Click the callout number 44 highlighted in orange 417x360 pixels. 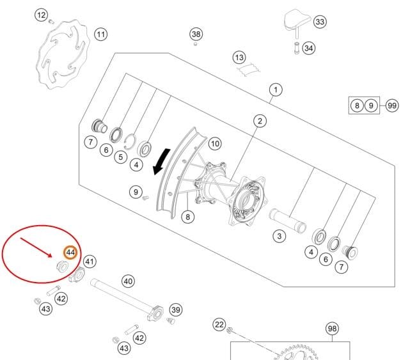[x=70, y=253]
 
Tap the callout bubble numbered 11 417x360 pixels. [x=101, y=35]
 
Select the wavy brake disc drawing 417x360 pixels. [x=63, y=54]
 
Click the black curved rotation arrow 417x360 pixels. [x=161, y=162]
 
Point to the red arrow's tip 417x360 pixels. [x=52, y=257]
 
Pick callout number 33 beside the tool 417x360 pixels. [x=320, y=22]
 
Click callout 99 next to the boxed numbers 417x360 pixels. [x=392, y=106]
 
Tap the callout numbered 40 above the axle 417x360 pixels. [x=128, y=281]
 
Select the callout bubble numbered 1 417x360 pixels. [x=276, y=90]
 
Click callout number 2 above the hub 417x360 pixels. [x=260, y=121]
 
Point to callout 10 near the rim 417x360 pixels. [x=215, y=144]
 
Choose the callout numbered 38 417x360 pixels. [x=196, y=34]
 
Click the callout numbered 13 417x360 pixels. [x=239, y=58]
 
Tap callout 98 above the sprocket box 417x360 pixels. [x=332, y=329]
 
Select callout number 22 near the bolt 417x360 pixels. [x=219, y=325]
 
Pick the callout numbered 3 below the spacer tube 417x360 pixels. [x=279, y=236]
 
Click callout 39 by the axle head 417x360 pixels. [x=176, y=309]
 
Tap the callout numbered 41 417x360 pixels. [x=90, y=262]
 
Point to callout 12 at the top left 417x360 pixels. [x=41, y=15]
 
